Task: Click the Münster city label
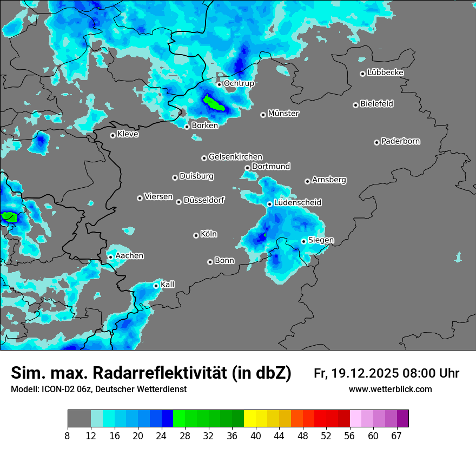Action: (283, 114)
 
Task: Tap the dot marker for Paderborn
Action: (376, 142)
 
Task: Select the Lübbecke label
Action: (385, 72)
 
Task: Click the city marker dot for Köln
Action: (196, 235)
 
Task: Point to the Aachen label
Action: (129, 256)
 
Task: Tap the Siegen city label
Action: (321, 240)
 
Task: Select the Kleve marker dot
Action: (113, 135)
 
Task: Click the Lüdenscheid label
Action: (297, 203)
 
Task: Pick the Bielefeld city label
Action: (376, 104)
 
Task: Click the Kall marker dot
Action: (156, 286)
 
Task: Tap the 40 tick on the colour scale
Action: (256, 435)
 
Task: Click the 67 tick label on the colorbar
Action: (396, 435)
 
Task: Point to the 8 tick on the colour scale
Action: (68, 435)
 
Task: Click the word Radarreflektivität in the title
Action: (192, 373)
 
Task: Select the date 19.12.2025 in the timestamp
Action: (361, 373)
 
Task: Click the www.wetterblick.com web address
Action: (390, 389)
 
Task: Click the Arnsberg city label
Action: (329, 180)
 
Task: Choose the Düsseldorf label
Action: (203, 200)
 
